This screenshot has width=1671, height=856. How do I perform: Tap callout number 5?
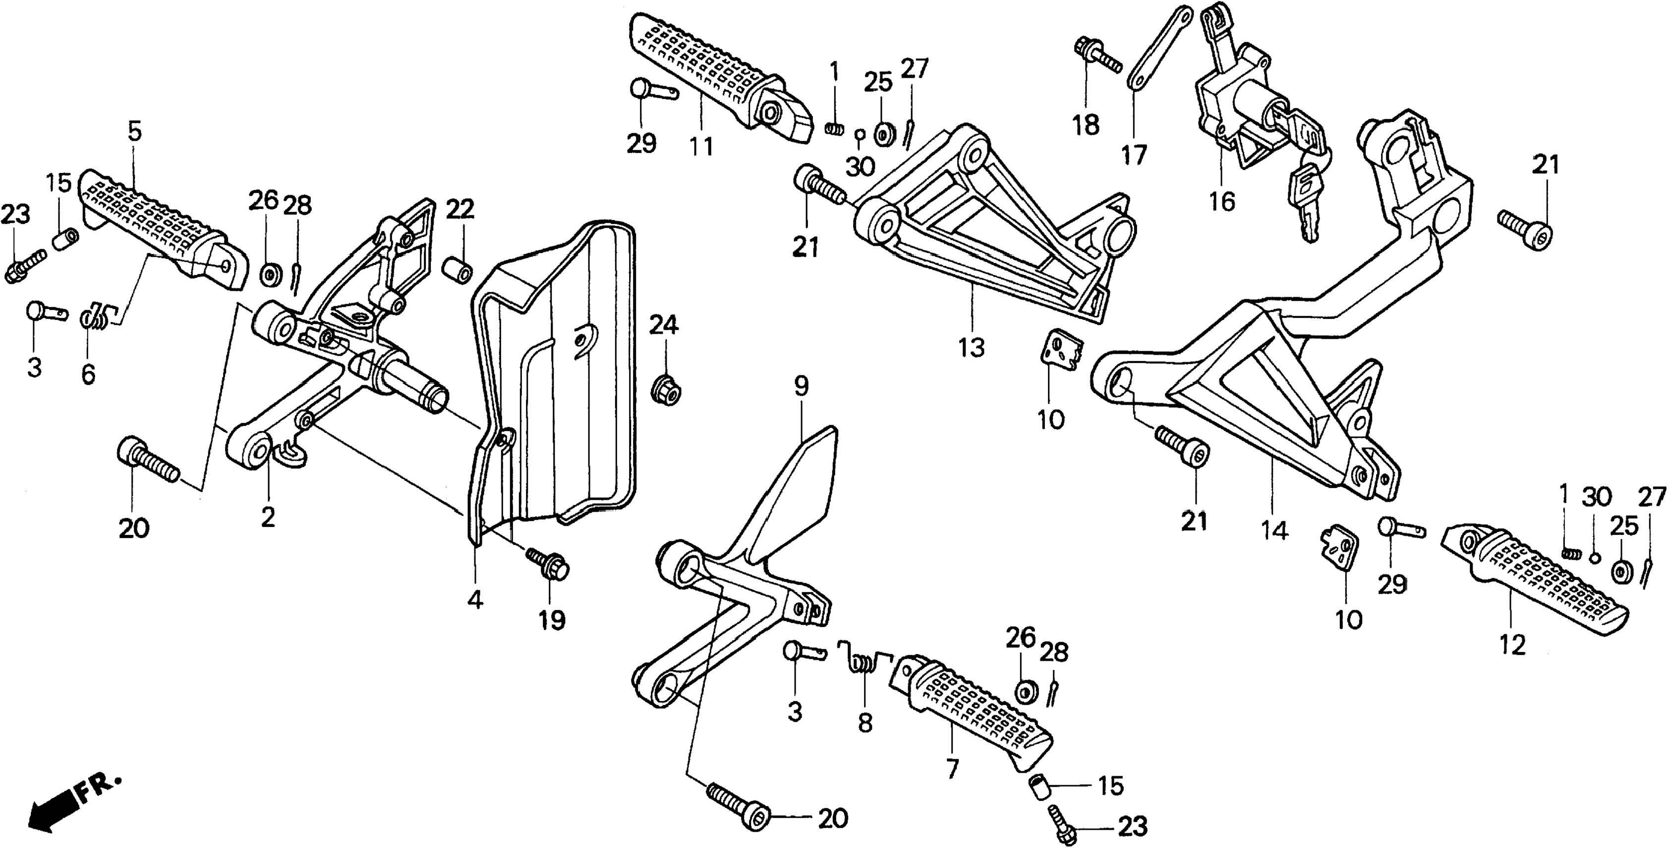pos(134,132)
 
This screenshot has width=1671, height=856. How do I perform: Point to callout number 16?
pos(1222,202)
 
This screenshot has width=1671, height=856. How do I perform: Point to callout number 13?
pos(972,348)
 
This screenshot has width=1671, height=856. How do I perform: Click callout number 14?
pos(1273,531)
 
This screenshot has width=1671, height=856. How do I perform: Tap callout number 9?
pos(801,387)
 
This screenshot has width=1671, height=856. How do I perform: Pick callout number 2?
pos(267,517)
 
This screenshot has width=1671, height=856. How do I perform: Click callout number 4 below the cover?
pos(475,600)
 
